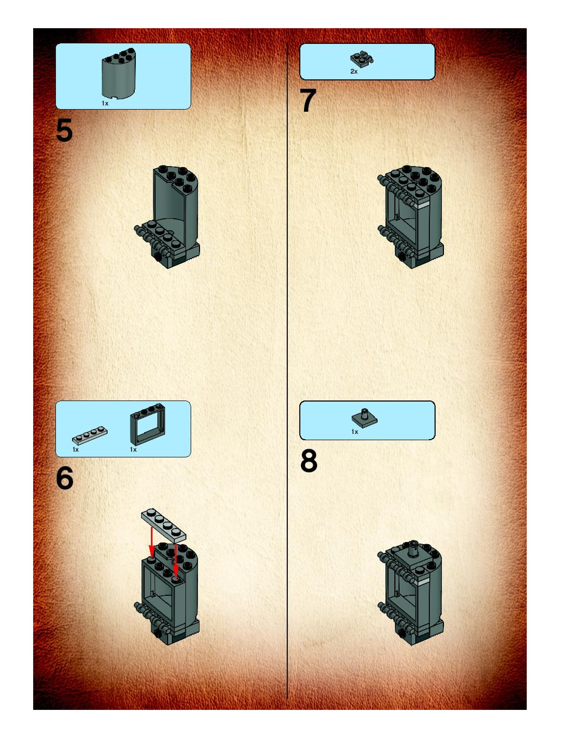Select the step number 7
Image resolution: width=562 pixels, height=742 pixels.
[x=308, y=100]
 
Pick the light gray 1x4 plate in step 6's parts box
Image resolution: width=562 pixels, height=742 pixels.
[x=90, y=435]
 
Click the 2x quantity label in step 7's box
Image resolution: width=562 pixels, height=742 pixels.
[x=354, y=72]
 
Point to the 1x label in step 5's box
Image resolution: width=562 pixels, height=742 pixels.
[x=105, y=103]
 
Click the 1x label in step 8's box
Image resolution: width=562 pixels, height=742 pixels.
[x=355, y=432]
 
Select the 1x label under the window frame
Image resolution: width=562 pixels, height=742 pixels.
[x=133, y=450]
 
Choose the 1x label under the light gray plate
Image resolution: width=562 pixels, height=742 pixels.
[x=75, y=450]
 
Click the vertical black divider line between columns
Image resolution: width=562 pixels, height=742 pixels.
[x=287, y=371]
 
